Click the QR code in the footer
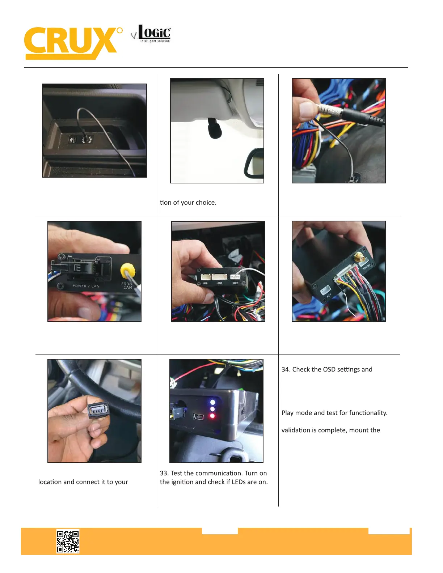coord(68,542)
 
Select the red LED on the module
coord(212,416)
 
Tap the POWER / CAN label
coord(86,286)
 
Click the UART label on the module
coord(235,283)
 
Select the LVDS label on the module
coord(219,283)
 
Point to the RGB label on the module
coord(205,284)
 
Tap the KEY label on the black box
coord(329,296)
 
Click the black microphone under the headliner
coord(215,128)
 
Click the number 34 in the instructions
coord(286,369)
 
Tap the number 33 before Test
coord(164,473)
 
